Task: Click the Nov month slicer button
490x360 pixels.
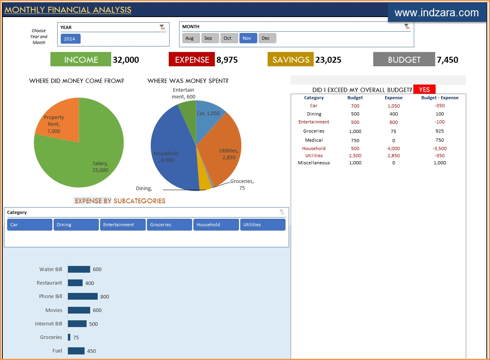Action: point(248,38)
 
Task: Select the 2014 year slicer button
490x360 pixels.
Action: point(70,39)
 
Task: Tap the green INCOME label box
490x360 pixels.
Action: point(81,60)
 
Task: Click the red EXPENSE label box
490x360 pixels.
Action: point(192,60)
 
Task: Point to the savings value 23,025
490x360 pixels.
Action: point(328,60)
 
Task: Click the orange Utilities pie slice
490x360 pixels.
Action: point(222,147)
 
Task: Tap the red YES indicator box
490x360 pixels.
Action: point(424,90)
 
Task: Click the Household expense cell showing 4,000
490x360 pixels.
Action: point(394,148)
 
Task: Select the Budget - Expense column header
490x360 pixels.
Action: point(440,98)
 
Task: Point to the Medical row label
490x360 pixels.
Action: point(314,140)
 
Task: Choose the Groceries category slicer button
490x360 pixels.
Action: point(169,225)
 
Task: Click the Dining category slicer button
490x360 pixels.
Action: point(76,225)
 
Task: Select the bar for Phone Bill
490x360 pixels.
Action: point(83,296)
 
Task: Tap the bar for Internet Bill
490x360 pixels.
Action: point(77,324)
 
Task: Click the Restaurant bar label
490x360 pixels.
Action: point(49,283)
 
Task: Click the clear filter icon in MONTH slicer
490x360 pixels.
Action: point(407,27)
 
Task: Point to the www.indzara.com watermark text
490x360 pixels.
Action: point(437,13)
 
